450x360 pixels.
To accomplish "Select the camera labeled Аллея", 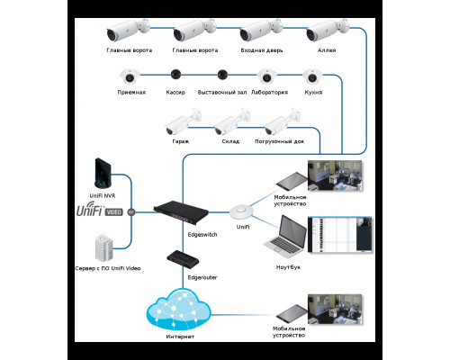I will [321, 34].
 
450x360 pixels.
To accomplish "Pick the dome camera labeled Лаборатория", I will [265, 78].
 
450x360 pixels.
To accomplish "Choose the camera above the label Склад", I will [232, 119].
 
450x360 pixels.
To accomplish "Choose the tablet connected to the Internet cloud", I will [289, 313].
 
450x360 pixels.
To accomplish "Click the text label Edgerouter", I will [202, 278].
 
